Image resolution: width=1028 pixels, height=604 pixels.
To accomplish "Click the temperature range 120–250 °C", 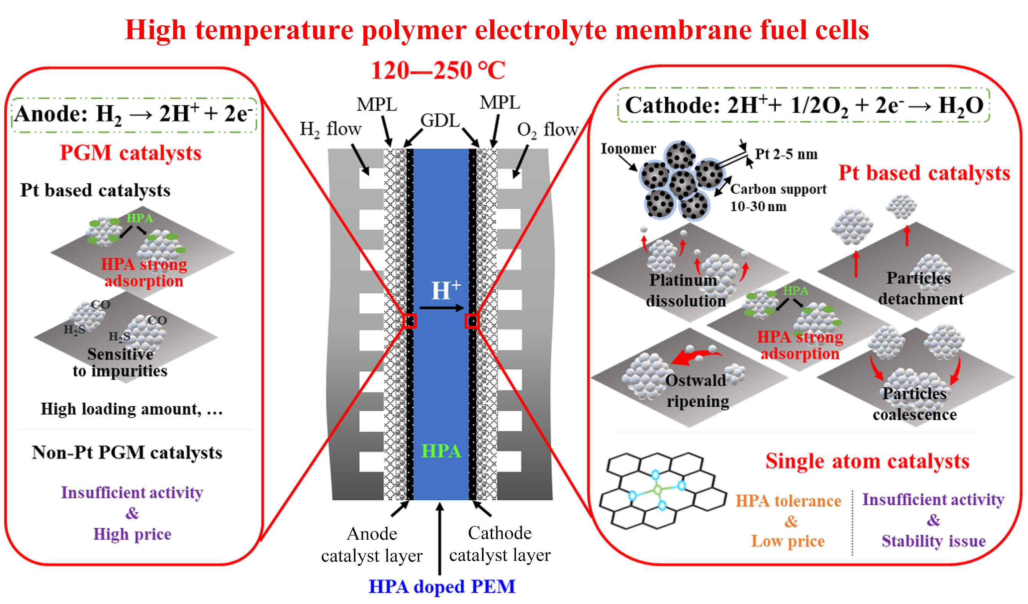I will pos(438,70).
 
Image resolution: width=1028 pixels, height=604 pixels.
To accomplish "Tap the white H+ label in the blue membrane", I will pos(446,290).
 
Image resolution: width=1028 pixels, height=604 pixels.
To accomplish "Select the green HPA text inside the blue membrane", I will pos(441,451).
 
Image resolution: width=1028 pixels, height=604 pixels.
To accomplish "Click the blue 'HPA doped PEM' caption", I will pos(442,586).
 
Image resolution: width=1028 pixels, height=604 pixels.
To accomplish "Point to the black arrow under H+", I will pos(441,308).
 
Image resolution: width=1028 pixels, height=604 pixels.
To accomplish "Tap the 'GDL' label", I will pos(440,120).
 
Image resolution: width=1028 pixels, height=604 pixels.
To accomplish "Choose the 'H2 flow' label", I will pos(330,129).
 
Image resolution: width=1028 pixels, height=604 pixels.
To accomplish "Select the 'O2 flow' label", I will pos(547,130).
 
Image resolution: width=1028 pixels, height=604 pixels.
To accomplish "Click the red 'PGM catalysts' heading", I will pos(130,153).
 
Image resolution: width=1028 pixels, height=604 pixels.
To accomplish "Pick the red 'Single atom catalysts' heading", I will pos(867,461).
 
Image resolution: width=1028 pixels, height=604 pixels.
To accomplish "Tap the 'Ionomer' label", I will pos(628,148).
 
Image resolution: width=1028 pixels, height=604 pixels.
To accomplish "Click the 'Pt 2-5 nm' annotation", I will pos(786,154).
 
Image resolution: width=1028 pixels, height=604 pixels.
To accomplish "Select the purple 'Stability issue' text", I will pos(933,541).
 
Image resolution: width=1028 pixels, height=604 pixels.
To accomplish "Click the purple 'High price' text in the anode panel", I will pos(132,534).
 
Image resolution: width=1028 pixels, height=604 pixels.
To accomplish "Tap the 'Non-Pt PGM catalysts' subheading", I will pos(127,452).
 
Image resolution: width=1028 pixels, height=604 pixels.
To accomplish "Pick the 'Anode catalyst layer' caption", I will pos(371,545).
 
